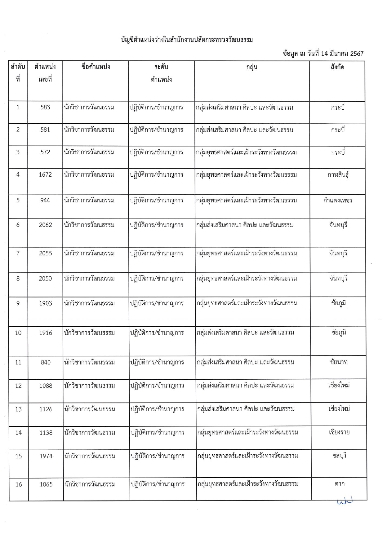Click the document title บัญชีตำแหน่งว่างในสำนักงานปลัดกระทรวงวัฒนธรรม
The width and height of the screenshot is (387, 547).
click(x=187, y=40)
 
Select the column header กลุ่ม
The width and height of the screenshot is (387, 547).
click(x=251, y=67)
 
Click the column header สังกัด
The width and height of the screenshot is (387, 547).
click(x=337, y=67)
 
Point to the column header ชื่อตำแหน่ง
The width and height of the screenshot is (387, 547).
click(x=96, y=67)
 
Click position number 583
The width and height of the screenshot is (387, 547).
click(x=45, y=108)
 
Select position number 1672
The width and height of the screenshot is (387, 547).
click(x=45, y=175)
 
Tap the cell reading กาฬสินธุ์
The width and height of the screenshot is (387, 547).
click(x=338, y=175)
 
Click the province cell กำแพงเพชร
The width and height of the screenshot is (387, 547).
click(x=338, y=201)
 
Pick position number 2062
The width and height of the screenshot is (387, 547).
click(x=45, y=225)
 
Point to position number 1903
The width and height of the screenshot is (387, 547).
click(x=46, y=303)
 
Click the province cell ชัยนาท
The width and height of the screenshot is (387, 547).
click(x=339, y=362)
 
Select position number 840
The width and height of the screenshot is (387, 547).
click(x=46, y=362)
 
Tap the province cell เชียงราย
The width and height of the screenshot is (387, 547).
click(x=339, y=432)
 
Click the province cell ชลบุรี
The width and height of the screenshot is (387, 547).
click(x=339, y=456)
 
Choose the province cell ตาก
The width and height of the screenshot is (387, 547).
click(x=340, y=484)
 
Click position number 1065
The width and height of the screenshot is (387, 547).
click(x=46, y=484)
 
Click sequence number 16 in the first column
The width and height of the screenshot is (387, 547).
click(x=19, y=484)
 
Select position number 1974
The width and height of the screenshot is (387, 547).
click(x=46, y=456)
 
